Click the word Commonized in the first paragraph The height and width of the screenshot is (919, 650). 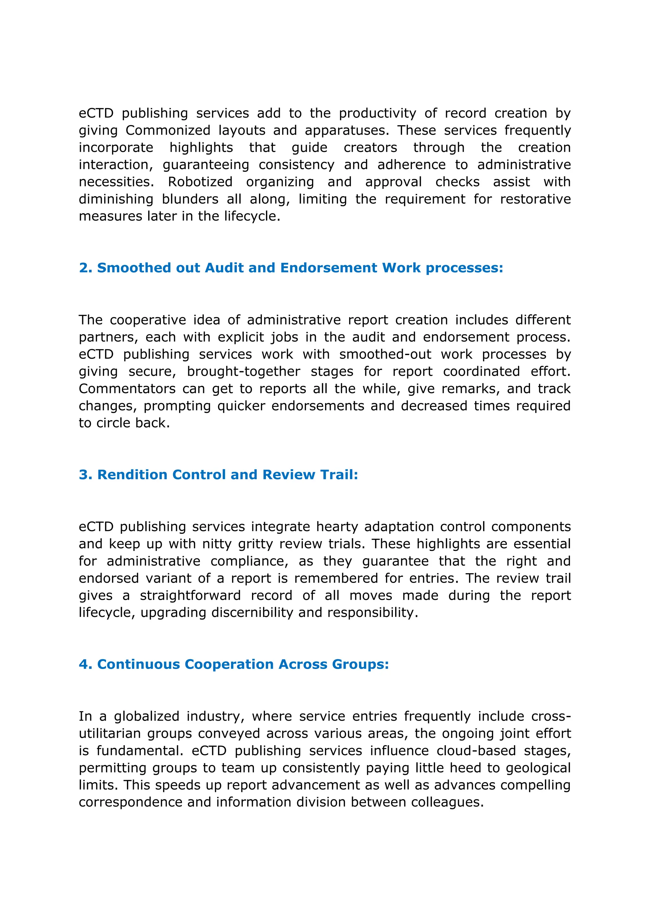tap(168, 130)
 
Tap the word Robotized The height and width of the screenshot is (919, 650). tap(200, 182)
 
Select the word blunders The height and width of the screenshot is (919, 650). tap(190, 199)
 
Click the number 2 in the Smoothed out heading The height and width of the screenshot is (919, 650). tap(83, 268)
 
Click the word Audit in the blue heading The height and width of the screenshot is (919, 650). tap(224, 268)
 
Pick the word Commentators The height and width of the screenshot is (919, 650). tap(127, 389)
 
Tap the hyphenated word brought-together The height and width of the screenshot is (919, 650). tap(243, 372)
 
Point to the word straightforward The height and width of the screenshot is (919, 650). tap(190, 596)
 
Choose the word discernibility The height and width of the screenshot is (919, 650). tap(253, 613)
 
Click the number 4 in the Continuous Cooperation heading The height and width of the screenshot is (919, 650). tap(83, 664)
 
